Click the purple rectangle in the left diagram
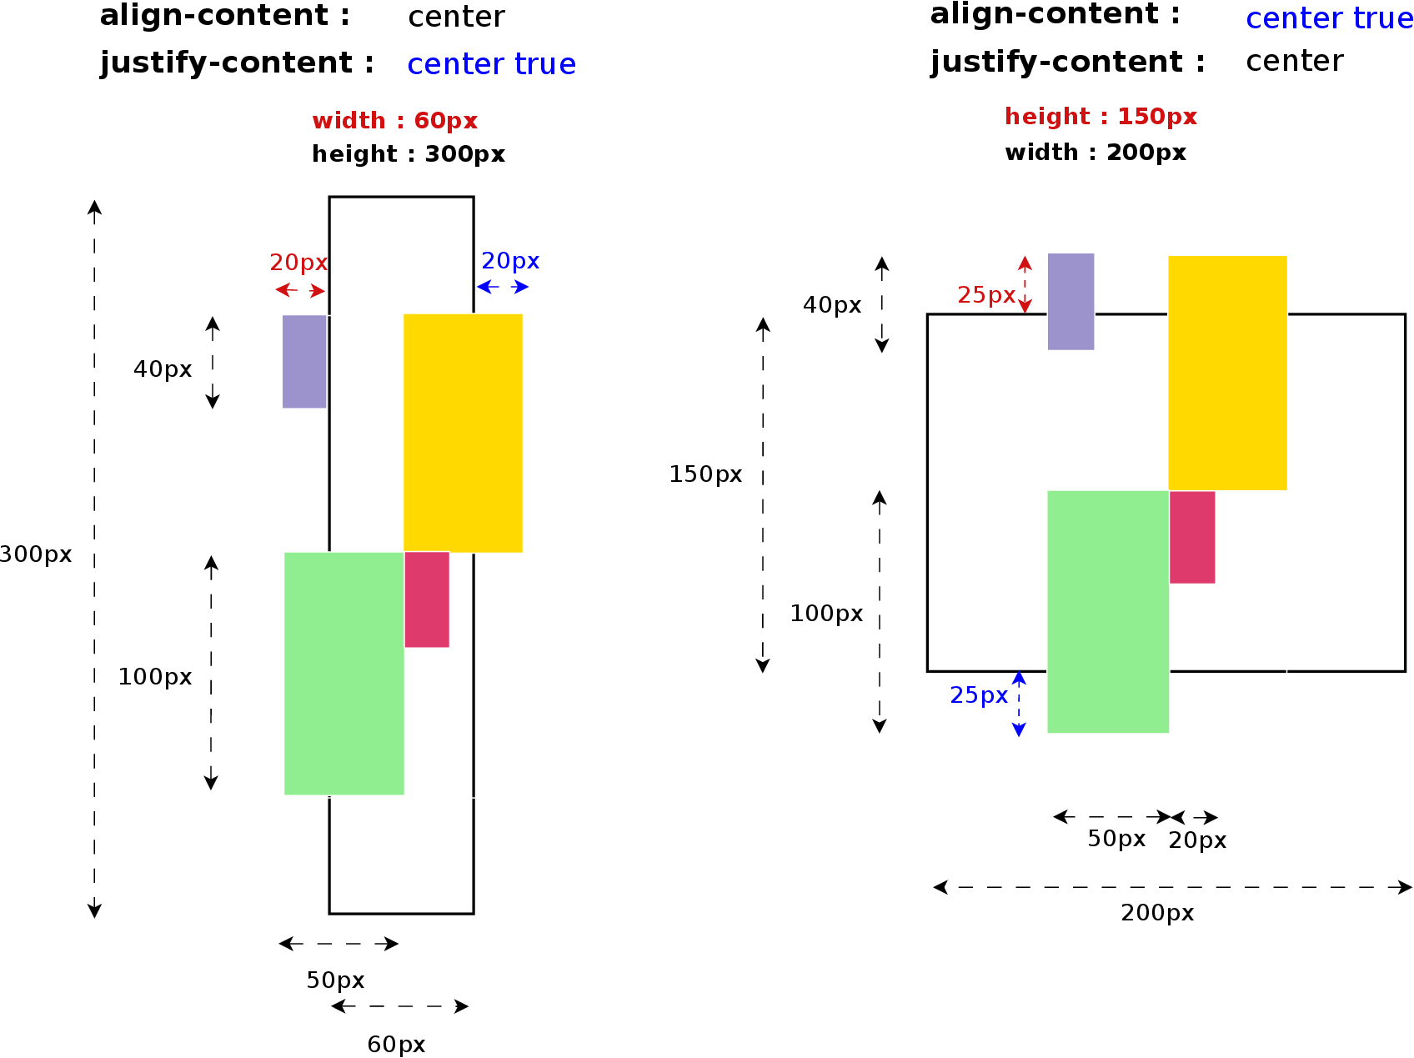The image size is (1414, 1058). coord(304,361)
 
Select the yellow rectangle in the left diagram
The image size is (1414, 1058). coord(463,433)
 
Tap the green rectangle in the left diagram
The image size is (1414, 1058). coord(343,673)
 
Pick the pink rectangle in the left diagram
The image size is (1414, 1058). coord(427,599)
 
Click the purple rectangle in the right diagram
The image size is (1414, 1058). coord(1071,301)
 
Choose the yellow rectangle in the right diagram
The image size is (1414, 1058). coord(1227,372)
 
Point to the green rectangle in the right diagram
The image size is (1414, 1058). coord(1107,611)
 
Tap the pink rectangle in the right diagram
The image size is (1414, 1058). coord(1191,537)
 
